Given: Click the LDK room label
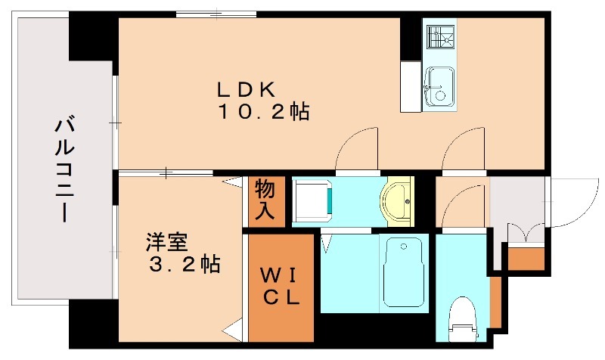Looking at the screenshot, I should [245, 88].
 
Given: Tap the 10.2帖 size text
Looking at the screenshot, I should [264, 113].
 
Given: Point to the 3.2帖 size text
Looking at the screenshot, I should [184, 265].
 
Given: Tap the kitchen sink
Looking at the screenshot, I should [438, 87].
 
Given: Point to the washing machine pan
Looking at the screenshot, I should [312, 200].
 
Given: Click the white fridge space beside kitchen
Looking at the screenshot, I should [411, 86].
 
